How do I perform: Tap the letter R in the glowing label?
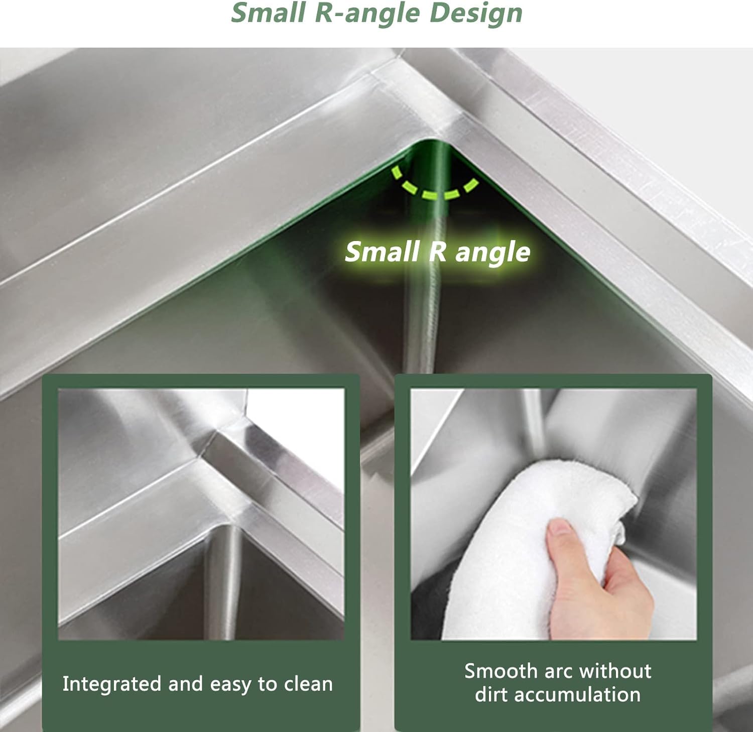(x=437, y=251)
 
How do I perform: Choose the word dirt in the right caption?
(x=493, y=695)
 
